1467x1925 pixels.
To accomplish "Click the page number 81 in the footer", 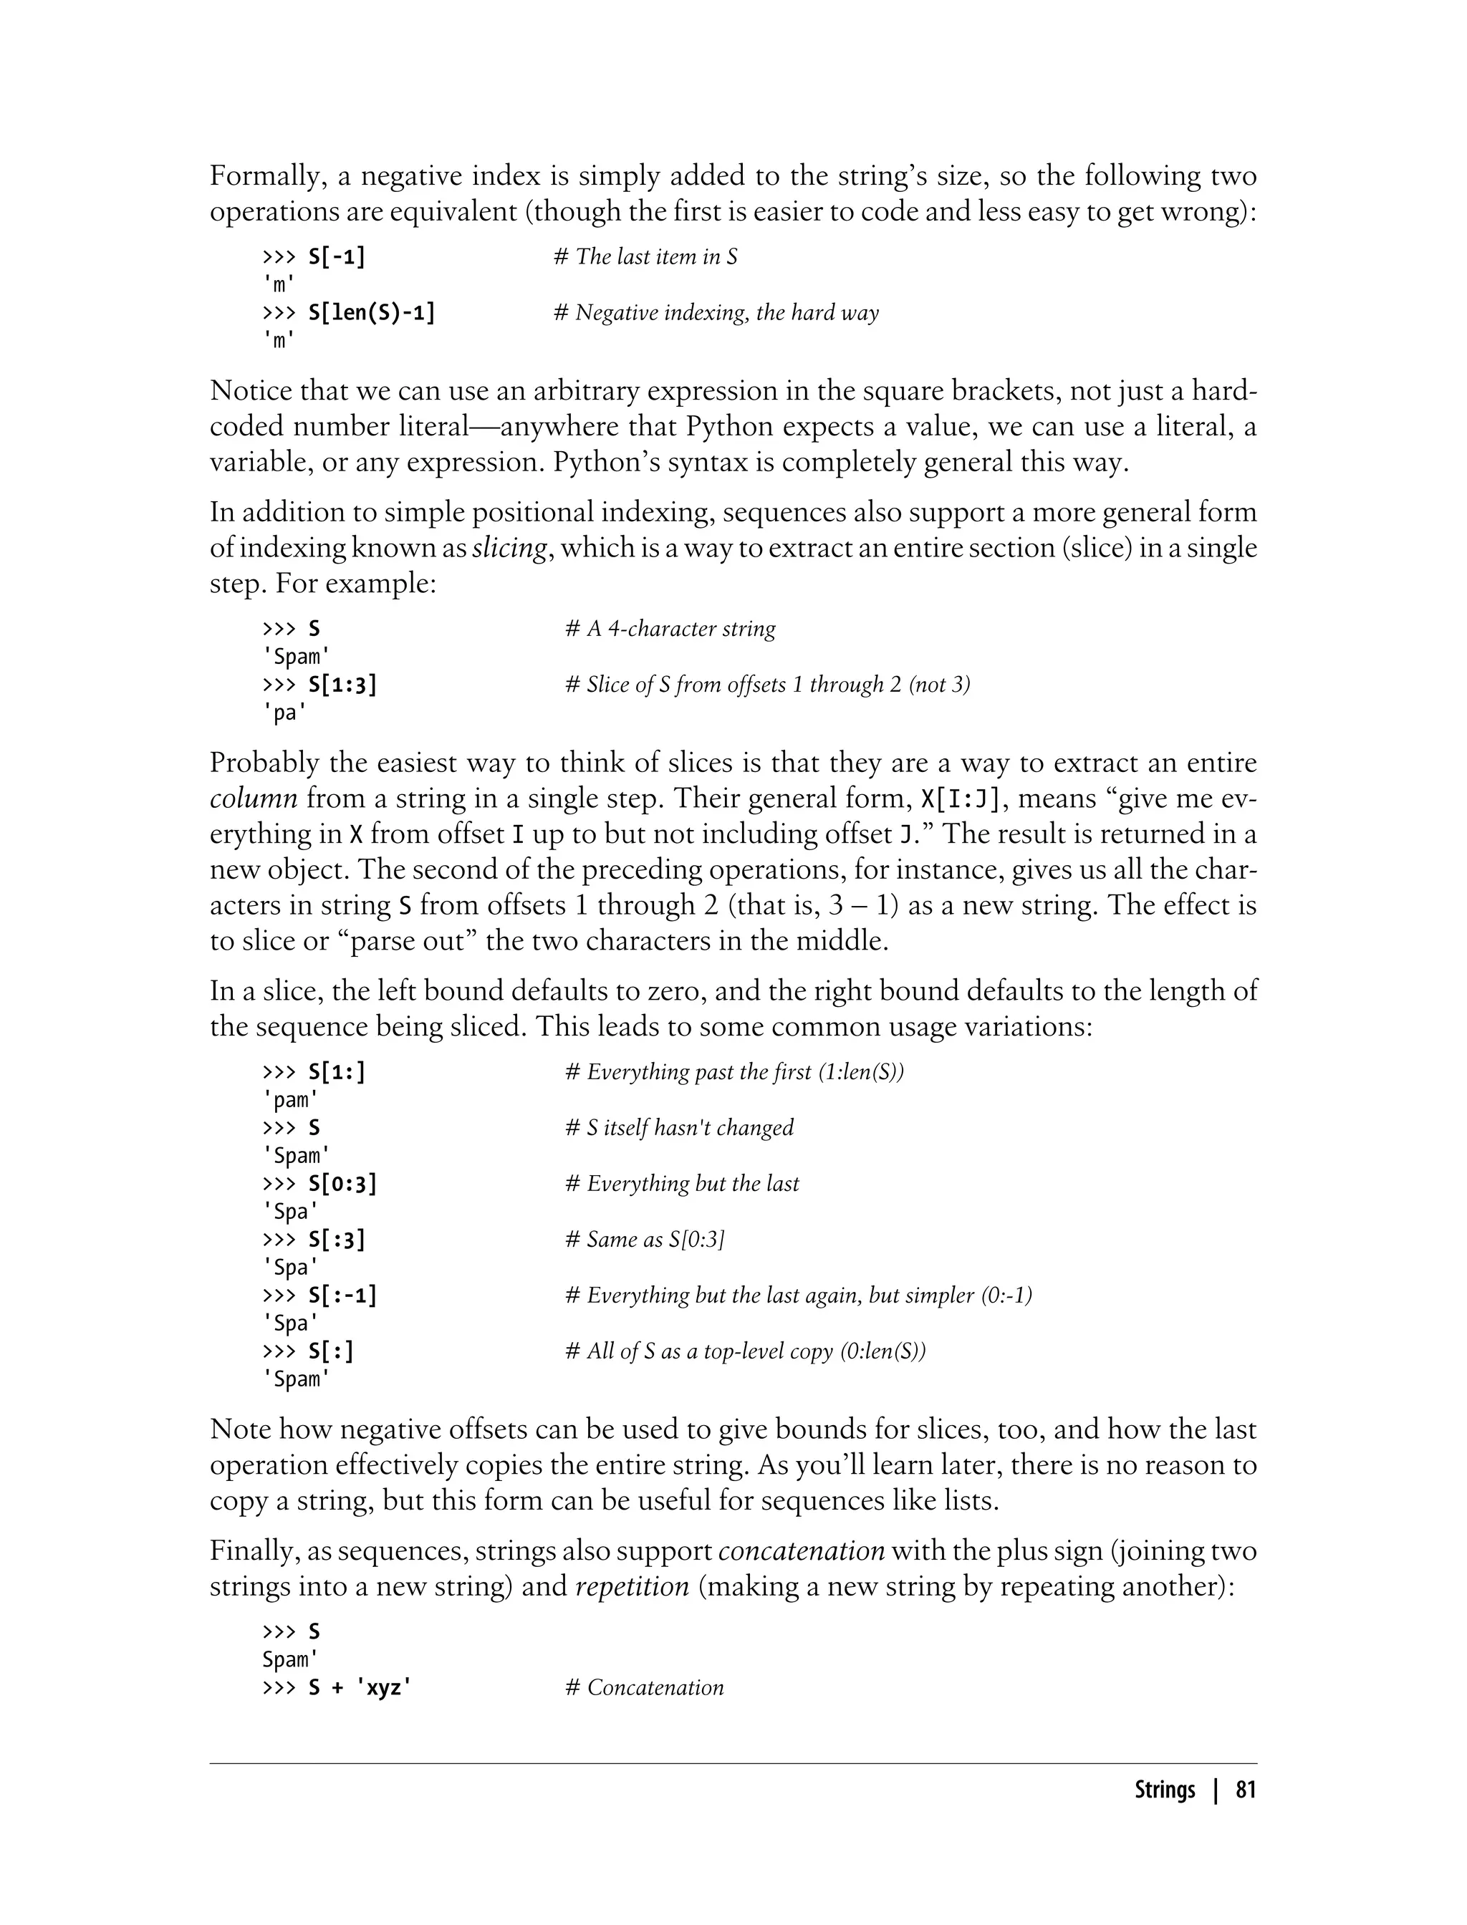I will (1245, 1790).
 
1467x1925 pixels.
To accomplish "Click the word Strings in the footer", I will (1164, 1790).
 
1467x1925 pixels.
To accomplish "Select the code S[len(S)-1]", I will (371, 312).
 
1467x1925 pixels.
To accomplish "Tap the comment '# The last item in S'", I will (645, 256).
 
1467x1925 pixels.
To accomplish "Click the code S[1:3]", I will (342, 685).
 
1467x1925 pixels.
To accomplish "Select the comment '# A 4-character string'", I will (670, 629).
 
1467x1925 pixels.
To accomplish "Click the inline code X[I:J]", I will (965, 798).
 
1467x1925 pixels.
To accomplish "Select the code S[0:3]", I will (342, 1184).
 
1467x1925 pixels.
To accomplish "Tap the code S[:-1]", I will (342, 1296).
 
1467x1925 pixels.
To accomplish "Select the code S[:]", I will (331, 1351).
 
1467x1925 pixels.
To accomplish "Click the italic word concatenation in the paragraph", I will (802, 1551).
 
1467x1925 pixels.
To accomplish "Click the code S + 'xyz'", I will (360, 1687).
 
